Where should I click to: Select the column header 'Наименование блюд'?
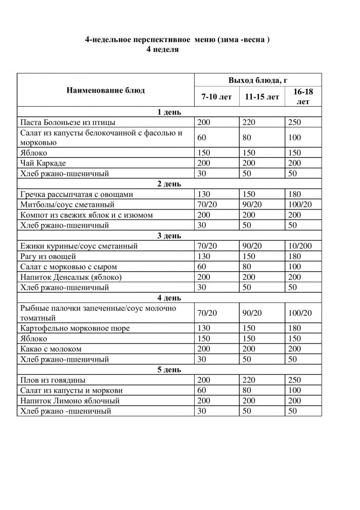[105, 91]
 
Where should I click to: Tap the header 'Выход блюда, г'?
[258, 80]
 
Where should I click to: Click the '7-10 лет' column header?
[216, 97]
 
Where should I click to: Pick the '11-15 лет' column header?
[261, 97]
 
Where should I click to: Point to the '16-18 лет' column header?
[302, 96]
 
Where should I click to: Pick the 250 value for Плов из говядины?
[294, 380]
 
